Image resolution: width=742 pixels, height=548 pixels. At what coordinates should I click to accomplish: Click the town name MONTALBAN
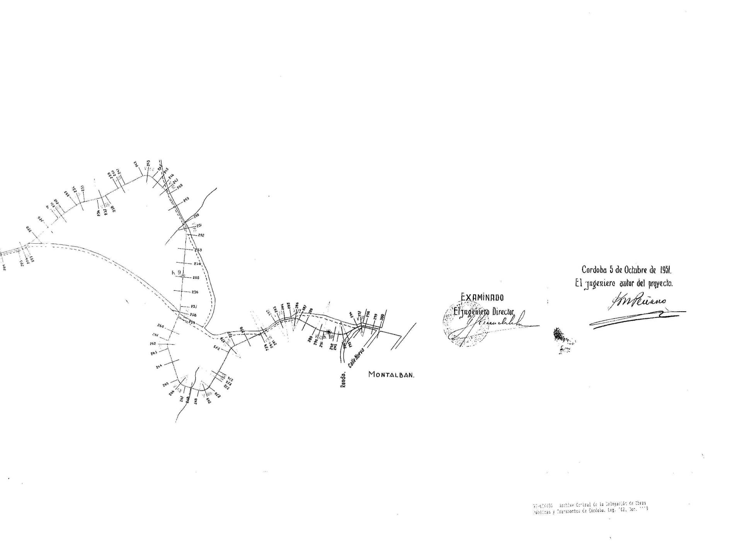click(x=391, y=375)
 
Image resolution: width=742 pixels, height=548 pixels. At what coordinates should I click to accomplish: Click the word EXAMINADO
click(x=482, y=297)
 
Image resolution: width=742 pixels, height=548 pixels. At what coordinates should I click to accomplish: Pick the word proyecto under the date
click(x=661, y=283)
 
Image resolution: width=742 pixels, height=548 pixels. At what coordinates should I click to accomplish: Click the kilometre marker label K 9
click(x=177, y=272)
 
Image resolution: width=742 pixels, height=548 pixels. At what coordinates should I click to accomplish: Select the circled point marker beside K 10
click(x=328, y=332)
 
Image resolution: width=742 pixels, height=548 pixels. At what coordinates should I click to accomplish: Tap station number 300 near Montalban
click(x=382, y=317)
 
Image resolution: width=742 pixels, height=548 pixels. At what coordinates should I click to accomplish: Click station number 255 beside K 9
click(x=196, y=278)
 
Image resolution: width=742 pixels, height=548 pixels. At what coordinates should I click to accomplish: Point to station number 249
click(x=186, y=199)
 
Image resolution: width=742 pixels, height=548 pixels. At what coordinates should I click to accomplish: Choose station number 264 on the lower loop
click(x=159, y=366)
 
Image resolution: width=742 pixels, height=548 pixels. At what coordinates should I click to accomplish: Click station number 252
click(x=201, y=235)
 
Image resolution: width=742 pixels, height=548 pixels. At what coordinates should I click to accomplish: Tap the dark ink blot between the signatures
click(x=559, y=335)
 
